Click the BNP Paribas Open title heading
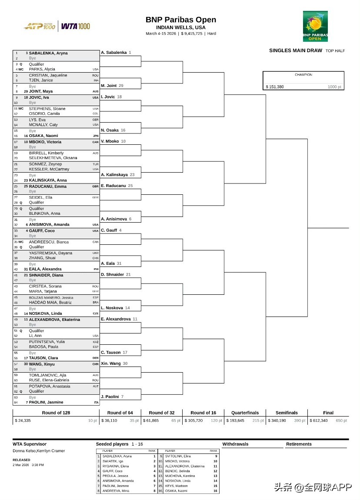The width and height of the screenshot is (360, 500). (180, 20)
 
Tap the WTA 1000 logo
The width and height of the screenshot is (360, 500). (76, 27)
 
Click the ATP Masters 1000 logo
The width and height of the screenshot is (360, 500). (39, 27)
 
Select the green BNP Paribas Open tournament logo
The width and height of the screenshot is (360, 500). (315, 27)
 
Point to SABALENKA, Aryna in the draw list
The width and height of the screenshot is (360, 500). (48, 53)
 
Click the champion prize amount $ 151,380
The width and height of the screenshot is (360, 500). (275, 87)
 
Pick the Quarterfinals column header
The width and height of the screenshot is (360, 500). (245, 413)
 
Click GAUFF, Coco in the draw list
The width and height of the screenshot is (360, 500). (42, 231)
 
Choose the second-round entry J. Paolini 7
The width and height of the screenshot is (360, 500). (113, 397)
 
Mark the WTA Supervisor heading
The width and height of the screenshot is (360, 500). (30, 444)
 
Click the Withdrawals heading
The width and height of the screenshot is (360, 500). (235, 444)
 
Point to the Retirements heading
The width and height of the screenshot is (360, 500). (299, 444)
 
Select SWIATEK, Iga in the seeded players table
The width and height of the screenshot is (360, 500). (112, 461)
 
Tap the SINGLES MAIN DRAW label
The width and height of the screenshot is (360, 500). (296, 50)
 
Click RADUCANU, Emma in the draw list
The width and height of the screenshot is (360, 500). (48, 187)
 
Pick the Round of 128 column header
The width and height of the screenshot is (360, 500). (56, 413)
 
